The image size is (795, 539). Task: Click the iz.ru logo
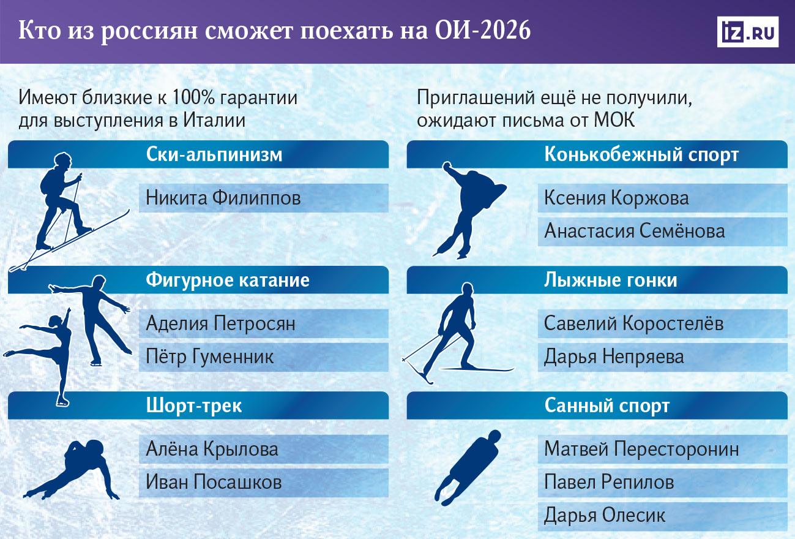pyautogui.click(x=747, y=32)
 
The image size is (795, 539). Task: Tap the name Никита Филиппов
pyautogui.click(x=223, y=198)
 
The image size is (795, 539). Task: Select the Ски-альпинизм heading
pyautogui.click(x=214, y=155)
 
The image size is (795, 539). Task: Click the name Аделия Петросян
pyautogui.click(x=220, y=323)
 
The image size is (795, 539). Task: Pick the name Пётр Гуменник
pyautogui.click(x=210, y=356)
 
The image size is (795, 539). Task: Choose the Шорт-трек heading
pyautogui.click(x=195, y=405)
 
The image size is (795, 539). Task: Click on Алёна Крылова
pyautogui.click(x=212, y=449)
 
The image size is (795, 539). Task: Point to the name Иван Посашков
pyautogui.click(x=214, y=482)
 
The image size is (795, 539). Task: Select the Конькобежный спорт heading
pyautogui.click(x=641, y=155)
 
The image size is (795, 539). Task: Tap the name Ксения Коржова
pyautogui.click(x=616, y=198)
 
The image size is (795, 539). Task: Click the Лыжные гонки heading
pyautogui.click(x=611, y=281)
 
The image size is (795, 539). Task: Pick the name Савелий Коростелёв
pyautogui.click(x=633, y=323)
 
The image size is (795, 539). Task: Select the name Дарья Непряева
pyautogui.click(x=614, y=356)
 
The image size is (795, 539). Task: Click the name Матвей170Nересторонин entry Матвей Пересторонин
pyautogui.click(x=641, y=449)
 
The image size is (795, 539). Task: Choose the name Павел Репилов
pyautogui.click(x=609, y=482)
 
